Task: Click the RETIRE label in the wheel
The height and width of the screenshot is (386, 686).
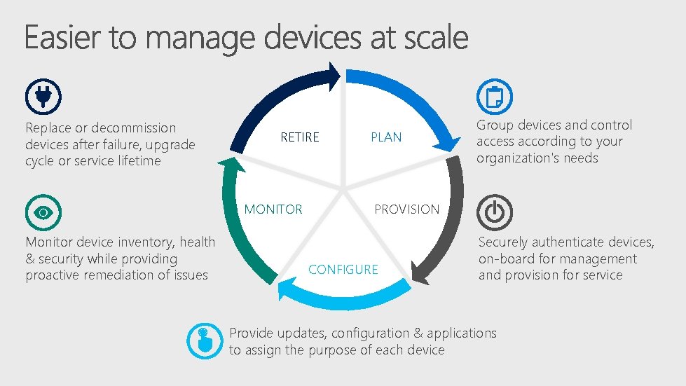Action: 300,137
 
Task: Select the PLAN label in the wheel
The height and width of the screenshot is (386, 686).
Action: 386,137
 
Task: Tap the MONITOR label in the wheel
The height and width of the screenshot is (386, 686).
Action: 273,209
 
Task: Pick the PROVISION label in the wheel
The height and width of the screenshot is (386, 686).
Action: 407,209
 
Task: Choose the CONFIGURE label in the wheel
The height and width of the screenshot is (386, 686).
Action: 343,270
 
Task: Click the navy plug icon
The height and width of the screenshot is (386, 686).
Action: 43,97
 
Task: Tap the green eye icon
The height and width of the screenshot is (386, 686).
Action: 43,212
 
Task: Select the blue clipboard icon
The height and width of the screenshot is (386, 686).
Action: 494,97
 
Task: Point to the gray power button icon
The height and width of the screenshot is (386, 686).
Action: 494,212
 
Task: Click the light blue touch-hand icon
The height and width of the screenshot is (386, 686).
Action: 204,341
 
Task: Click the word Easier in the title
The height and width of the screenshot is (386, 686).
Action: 61,38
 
